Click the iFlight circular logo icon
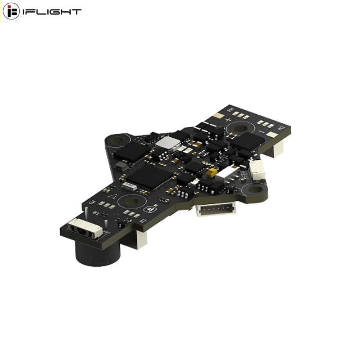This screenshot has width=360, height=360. [x=11, y=11]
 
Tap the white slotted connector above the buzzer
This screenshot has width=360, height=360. [x=84, y=227]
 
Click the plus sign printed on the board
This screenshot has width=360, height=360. [x=228, y=120]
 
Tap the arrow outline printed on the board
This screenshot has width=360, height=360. [x=114, y=195]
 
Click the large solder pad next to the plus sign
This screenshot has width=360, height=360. [x=218, y=116]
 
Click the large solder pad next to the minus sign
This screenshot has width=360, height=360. [x=272, y=135]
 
